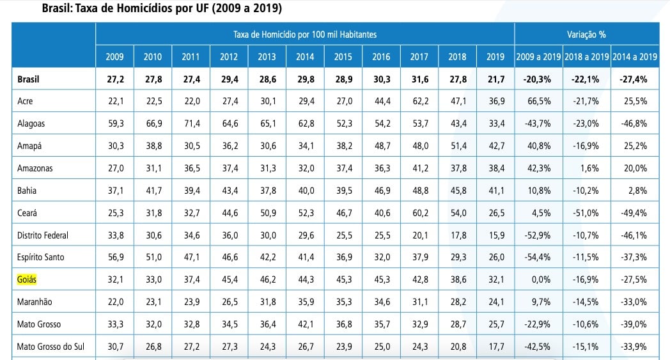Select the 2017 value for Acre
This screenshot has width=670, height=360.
419,101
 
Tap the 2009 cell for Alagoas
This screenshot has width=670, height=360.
115,123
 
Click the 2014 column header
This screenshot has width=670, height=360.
305,56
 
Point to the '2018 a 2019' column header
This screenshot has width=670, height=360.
586,56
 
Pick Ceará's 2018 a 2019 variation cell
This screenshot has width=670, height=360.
586,212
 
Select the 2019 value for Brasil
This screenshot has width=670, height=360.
495,79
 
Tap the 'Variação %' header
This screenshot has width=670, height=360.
586,33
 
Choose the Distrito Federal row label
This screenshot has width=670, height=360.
43,235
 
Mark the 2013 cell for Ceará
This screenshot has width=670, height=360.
267,212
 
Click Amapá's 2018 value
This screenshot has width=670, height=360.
457,146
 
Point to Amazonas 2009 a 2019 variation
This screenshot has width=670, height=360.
538,168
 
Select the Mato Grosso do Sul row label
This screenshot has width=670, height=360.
51,347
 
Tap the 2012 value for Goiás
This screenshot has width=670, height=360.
229,279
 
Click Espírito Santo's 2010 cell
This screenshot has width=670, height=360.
153,257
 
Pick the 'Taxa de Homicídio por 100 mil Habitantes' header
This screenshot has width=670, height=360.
304,33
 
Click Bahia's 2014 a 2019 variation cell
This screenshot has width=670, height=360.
634,190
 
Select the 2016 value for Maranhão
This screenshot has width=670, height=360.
381,302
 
